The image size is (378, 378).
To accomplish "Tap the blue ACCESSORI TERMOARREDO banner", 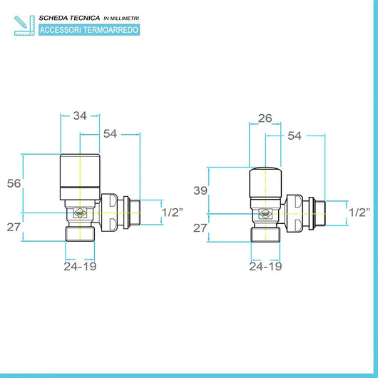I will click(89, 29).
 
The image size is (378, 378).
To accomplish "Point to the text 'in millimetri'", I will click(123, 17).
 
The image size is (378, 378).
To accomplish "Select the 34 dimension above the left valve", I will click(80, 114).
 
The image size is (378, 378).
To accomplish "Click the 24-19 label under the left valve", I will click(79, 266).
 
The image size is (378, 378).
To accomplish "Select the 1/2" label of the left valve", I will click(173, 212).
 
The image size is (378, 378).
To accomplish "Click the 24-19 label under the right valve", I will click(265, 266).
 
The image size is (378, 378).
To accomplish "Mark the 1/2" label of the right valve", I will click(360, 212).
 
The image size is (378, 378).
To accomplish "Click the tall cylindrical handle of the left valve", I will click(80, 175).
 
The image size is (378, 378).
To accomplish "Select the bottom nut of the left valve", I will click(80, 233).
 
